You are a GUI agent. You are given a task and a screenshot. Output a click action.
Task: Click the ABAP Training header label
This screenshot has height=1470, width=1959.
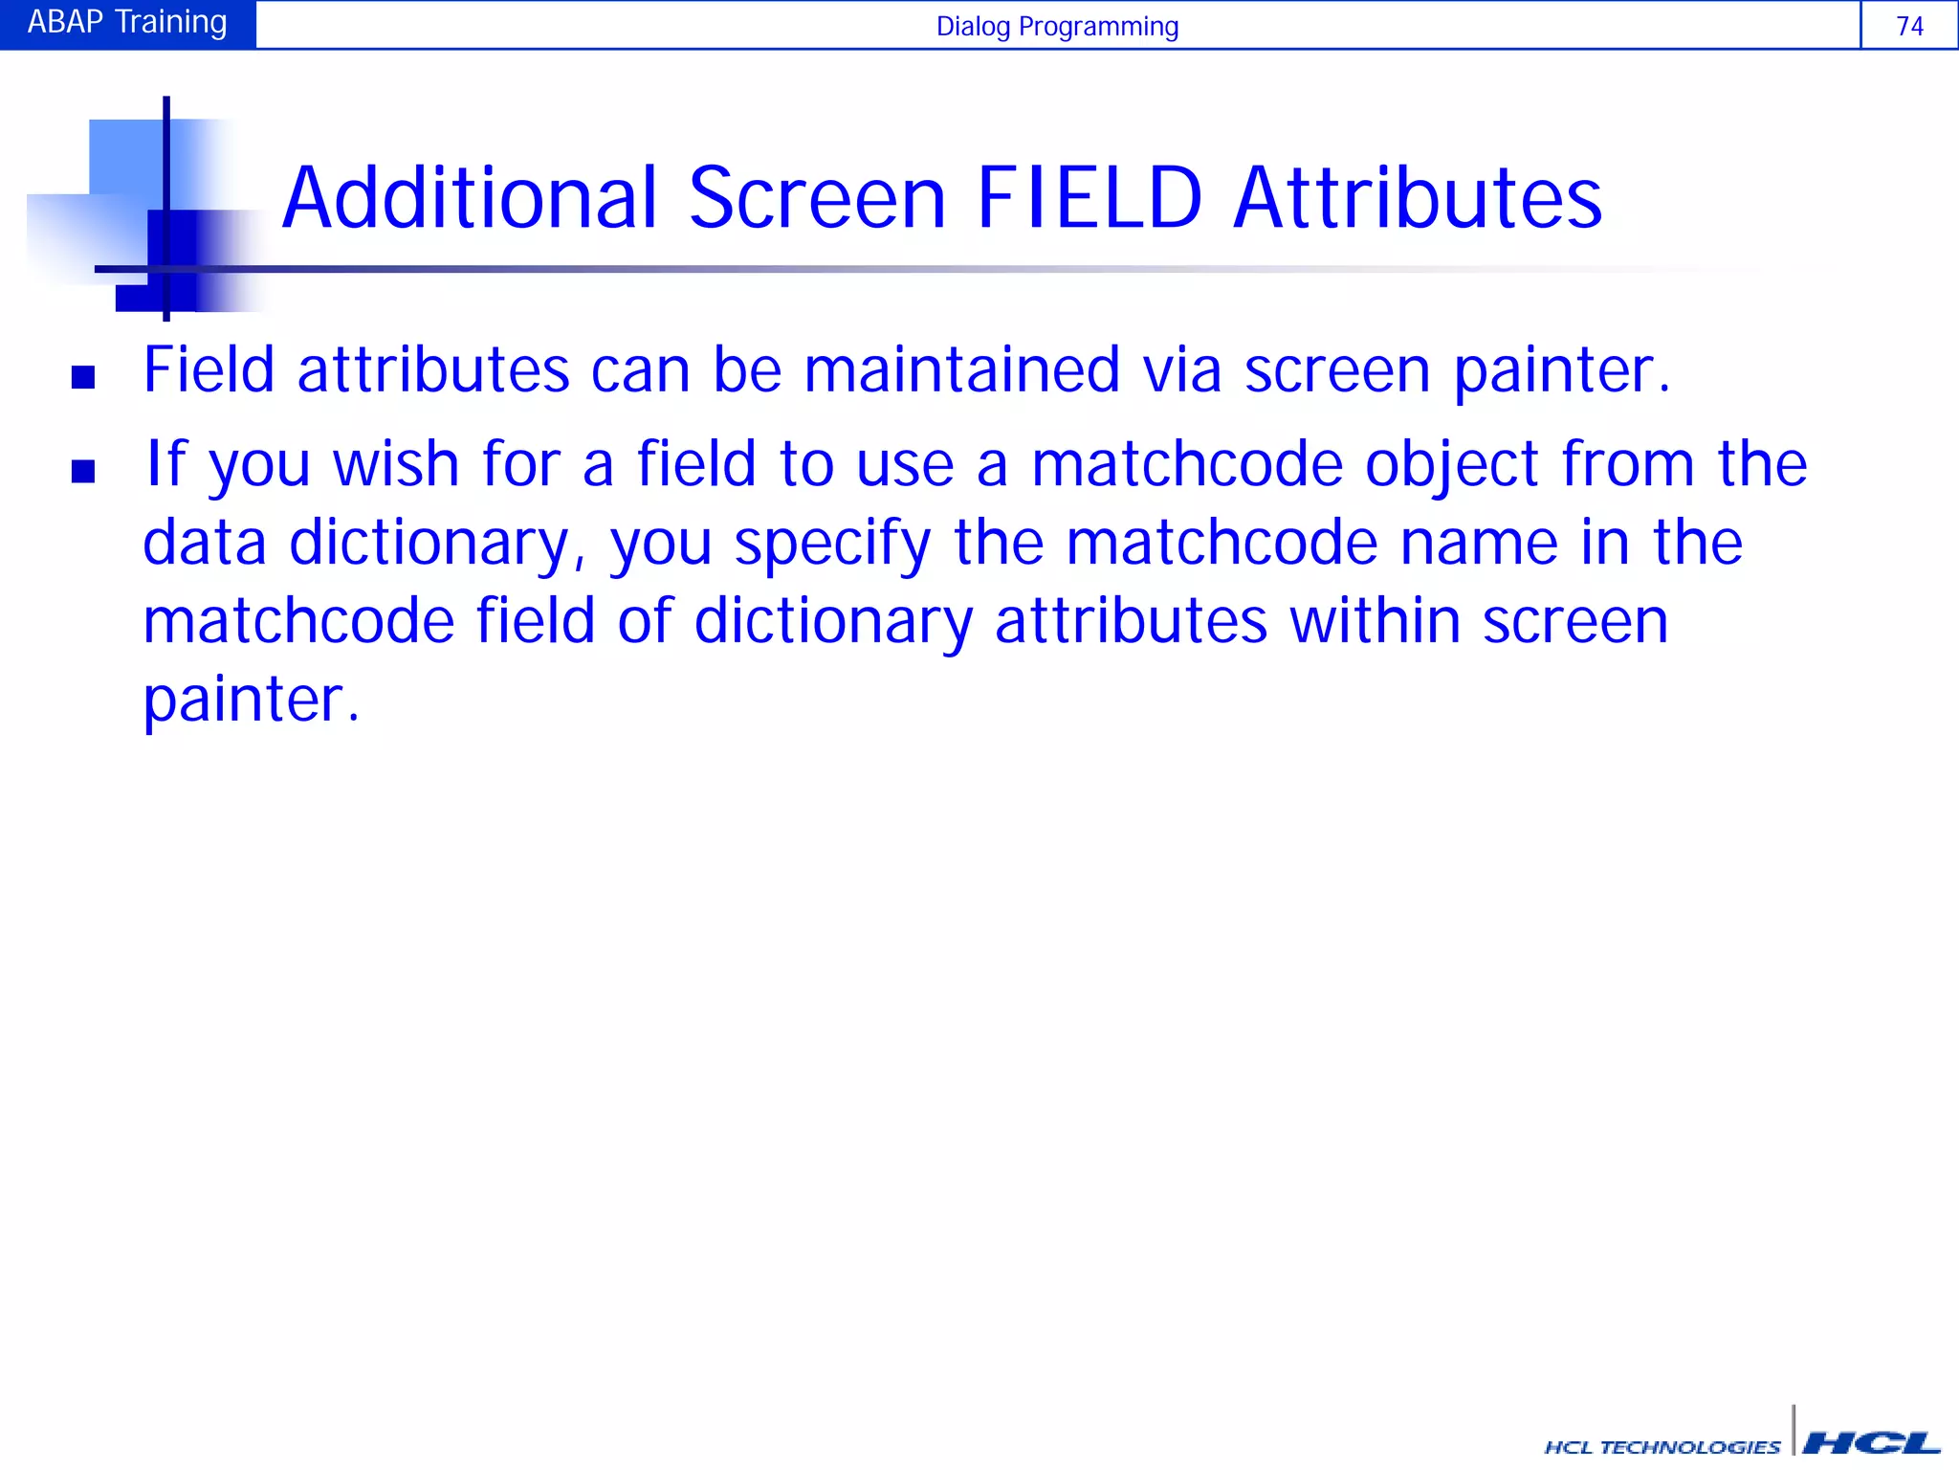coord(127,22)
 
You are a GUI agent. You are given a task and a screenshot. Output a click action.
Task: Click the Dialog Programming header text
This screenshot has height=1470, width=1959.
coord(1056,26)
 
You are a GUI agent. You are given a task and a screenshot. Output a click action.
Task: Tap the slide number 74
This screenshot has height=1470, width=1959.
coord(1909,26)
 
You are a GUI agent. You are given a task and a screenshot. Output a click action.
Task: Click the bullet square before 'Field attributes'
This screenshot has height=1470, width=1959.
coord(83,377)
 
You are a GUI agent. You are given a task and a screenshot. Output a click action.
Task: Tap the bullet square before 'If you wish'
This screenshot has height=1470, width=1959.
coord(83,471)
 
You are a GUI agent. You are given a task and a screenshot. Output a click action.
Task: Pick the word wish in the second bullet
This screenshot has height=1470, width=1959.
coord(396,465)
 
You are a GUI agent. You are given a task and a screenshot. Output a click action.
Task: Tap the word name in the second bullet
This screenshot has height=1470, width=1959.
coord(1479,544)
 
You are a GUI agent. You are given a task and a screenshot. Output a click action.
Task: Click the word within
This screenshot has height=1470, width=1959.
coord(1375,622)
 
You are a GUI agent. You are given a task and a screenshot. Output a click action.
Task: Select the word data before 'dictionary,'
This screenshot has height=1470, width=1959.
coord(204,544)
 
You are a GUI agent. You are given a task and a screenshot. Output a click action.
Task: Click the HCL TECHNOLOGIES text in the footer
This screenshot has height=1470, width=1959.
coord(1662,1447)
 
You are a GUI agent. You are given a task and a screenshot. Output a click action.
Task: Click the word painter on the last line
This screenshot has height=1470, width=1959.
coord(243,702)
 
